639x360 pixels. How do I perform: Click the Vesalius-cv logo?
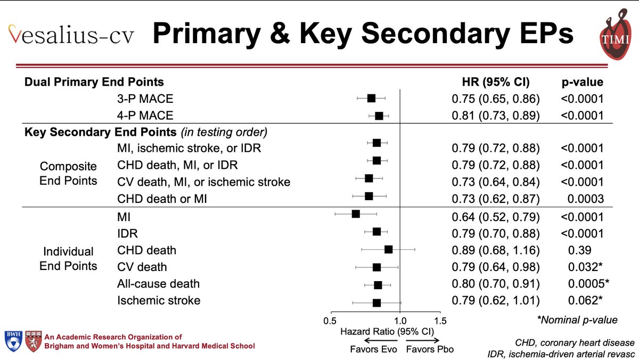[x=71, y=35]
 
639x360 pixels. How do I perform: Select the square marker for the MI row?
[x=356, y=214]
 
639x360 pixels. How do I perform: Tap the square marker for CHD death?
[x=388, y=249]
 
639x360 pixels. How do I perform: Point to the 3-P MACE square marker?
[x=371, y=98]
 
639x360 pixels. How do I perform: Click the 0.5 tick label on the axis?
[x=331, y=321]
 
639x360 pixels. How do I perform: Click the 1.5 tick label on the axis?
[x=440, y=321]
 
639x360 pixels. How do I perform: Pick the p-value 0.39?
[x=582, y=250]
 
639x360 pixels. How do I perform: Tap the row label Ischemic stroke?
[x=159, y=300]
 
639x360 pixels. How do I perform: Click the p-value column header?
[x=582, y=82]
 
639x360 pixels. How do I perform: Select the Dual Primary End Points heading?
[x=94, y=82]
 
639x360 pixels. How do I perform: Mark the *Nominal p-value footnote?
[x=577, y=320]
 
